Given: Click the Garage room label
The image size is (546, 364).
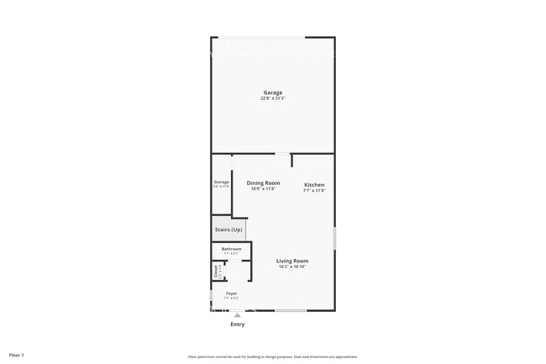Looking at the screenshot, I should click(272, 92).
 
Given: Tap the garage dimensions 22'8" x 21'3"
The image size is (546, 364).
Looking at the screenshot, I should click(272, 98).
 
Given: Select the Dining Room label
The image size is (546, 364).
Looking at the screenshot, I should click(263, 182).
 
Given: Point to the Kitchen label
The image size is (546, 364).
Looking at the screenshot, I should click(314, 185).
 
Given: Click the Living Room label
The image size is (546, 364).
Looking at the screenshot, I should click(292, 261).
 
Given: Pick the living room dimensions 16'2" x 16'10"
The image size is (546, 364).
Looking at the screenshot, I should click(292, 267).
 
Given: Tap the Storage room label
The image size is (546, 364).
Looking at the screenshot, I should click(221, 182).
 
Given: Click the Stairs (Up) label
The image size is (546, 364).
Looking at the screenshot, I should click(228, 229).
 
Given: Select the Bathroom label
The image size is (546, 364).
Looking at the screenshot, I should click(231, 249).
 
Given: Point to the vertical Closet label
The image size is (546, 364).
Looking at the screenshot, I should click(216, 271).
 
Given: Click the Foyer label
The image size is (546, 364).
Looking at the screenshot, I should click(231, 293).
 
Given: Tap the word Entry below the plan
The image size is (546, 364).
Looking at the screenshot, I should click(238, 324).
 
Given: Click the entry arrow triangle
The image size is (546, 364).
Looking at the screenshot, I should click(238, 314).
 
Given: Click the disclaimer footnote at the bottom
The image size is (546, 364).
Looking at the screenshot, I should click(273, 356).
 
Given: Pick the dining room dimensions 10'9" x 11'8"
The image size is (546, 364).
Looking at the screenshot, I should click(263, 188).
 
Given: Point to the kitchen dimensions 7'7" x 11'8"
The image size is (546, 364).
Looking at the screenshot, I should click(314, 191).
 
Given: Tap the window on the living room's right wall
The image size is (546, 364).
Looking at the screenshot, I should click(335, 238).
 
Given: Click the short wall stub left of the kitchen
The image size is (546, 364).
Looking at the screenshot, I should click(291, 160).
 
